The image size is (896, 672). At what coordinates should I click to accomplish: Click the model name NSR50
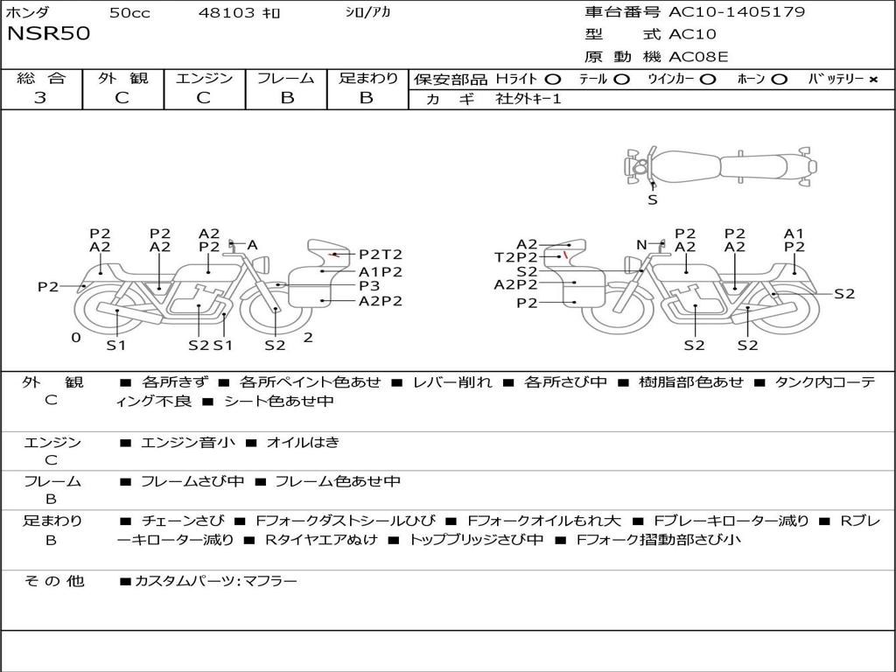[49, 33]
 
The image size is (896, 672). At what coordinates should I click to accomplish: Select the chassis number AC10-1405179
[737, 11]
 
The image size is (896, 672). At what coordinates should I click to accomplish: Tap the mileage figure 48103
[227, 12]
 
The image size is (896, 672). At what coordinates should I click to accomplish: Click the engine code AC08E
[698, 57]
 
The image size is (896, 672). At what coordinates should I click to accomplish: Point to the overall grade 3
[40, 98]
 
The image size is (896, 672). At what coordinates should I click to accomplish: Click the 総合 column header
[41, 78]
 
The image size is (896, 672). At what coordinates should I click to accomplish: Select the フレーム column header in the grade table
[286, 78]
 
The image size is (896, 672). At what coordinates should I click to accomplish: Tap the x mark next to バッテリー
[873, 80]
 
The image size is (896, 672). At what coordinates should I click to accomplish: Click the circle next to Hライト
[553, 80]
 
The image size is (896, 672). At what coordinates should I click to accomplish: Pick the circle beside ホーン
[780, 80]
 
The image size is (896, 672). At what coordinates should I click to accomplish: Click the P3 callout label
[369, 285]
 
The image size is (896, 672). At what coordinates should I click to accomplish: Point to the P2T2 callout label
[381, 254]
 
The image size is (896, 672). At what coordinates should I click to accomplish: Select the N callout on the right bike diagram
[641, 245]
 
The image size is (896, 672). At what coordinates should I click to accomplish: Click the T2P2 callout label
[516, 257]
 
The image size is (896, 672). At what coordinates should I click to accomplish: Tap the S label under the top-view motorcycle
[653, 200]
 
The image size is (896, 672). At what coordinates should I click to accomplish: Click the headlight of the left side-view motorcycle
[262, 264]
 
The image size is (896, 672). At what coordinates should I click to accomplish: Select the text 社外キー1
[528, 99]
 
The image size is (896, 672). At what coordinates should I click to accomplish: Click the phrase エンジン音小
[187, 442]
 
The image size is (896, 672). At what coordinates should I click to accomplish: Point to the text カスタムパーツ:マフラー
[216, 581]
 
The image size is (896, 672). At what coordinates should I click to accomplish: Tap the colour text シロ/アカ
[368, 12]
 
